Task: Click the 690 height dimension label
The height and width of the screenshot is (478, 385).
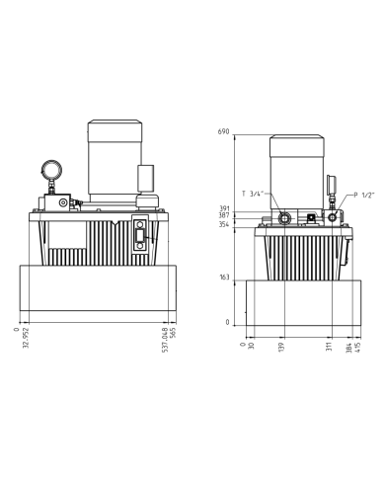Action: pos(224,131)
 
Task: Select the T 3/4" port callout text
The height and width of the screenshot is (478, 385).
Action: pos(253,194)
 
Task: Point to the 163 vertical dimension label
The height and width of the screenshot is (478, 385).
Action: pos(224,278)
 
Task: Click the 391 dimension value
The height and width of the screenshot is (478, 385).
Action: pos(224,208)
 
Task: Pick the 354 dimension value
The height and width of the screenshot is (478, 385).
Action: pos(224,225)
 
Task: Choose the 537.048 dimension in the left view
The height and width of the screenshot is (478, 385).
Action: pos(164,340)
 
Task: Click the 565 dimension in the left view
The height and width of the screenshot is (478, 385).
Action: pos(172,333)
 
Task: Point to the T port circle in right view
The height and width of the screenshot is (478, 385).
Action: pos(285,216)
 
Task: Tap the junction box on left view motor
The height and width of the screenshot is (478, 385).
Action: pos(146,178)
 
